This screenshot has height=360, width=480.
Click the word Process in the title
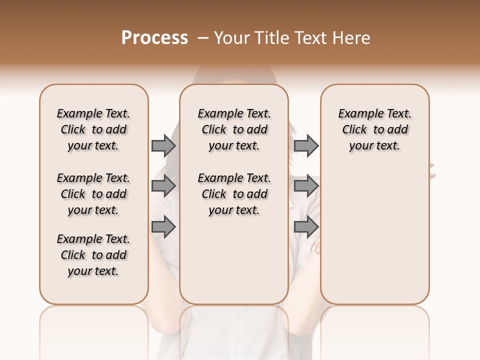tap(154, 38)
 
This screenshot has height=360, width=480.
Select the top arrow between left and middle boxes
tap(163, 146)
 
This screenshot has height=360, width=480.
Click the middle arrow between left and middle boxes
tap(163, 186)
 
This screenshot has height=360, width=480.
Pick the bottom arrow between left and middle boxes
tap(163, 226)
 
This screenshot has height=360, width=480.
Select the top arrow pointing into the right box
tap(306, 146)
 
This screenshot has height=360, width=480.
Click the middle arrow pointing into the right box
tap(306, 186)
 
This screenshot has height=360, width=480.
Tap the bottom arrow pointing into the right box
tap(306, 226)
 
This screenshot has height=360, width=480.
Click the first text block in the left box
tap(93, 129)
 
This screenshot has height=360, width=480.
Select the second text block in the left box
tap(93, 194)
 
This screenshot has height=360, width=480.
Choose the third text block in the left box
tap(93, 255)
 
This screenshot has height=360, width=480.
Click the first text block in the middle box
tap(234, 129)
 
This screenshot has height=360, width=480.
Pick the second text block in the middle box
tap(234, 194)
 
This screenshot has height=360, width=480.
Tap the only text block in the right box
tap(374, 129)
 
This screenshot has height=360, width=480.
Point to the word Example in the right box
tap(357, 114)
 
